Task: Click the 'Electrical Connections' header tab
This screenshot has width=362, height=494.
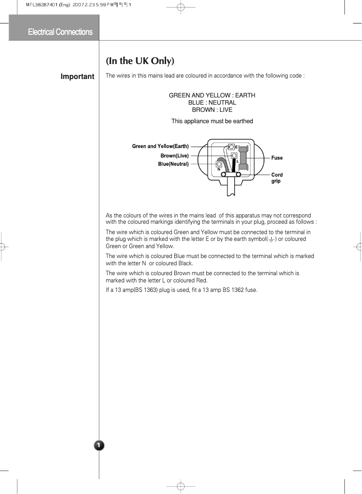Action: click(x=60, y=32)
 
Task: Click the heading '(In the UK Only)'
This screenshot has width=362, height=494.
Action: click(x=140, y=60)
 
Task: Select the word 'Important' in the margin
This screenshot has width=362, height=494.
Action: click(x=78, y=77)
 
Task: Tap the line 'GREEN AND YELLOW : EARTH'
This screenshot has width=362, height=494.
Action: click(x=212, y=96)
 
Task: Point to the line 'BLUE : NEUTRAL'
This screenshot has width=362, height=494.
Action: click(x=212, y=103)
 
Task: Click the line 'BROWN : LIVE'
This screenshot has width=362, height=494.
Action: click(x=212, y=110)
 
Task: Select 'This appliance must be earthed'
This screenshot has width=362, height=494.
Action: click(x=212, y=121)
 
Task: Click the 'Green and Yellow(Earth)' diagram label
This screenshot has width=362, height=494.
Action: click(x=160, y=146)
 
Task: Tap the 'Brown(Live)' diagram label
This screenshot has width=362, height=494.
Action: click(x=174, y=156)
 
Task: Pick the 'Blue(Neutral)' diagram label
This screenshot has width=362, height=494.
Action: click(x=173, y=164)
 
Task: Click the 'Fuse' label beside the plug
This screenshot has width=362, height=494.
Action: click(x=277, y=158)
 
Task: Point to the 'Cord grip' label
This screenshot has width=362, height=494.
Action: click(x=276, y=178)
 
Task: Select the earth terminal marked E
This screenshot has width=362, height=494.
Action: click(x=232, y=147)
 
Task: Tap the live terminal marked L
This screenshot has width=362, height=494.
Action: click(x=234, y=156)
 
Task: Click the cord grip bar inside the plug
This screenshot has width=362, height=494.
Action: click(x=231, y=175)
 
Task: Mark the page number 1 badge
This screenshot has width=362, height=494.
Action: click(x=99, y=446)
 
